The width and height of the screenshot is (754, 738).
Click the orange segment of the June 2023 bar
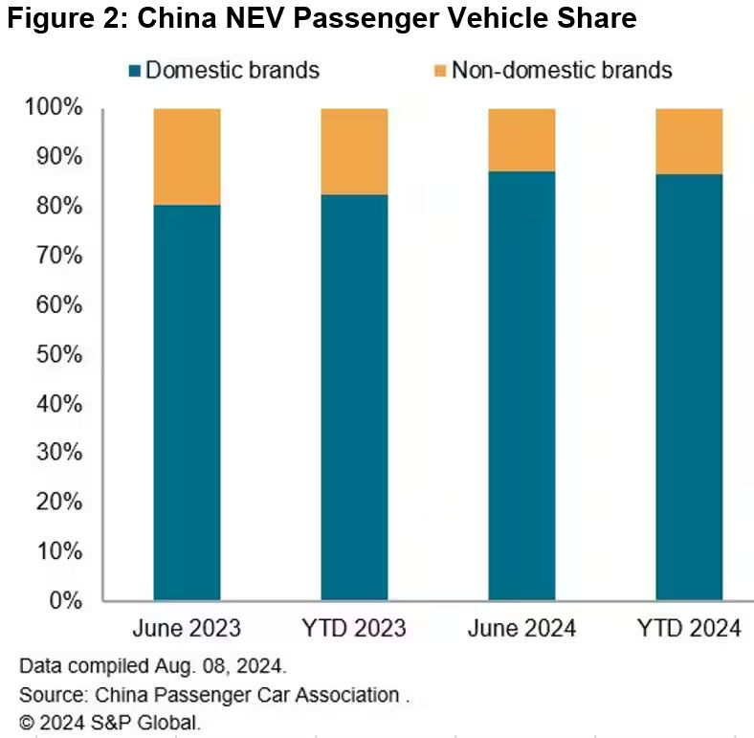click(187, 156)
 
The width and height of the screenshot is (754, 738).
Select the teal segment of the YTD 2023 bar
click(354, 397)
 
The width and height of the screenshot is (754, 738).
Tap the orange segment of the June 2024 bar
click(521, 140)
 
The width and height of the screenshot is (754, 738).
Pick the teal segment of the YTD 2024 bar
click(689, 388)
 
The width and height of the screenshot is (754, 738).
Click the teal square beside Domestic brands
click(135, 70)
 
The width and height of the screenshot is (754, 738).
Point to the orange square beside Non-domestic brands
click(439, 70)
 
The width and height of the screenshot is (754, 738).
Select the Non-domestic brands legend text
click(562, 70)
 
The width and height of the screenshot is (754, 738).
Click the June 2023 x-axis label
click(187, 629)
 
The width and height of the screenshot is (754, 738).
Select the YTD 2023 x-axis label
click(354, 629)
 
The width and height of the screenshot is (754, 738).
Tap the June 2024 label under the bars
click(521, 629)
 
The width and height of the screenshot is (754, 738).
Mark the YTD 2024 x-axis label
click(689, 629)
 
